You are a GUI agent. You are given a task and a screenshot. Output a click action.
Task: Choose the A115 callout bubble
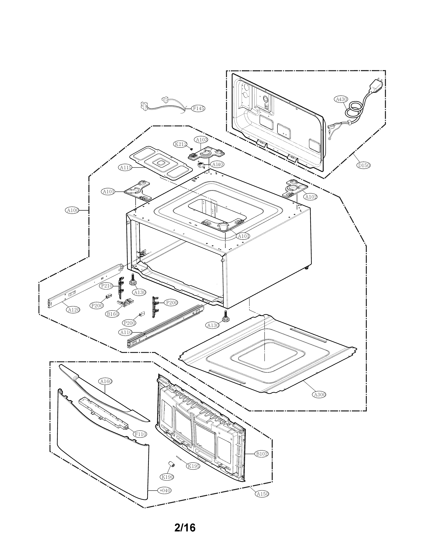pyautogui.click(x=126, y=168)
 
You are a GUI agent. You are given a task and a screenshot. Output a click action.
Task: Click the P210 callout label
pyautogui.click(x=106, y=286)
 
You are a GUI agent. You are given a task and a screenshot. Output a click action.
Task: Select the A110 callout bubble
pyautogui.click(x=126, y=332)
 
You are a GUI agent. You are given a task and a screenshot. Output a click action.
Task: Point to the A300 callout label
pyautogui.click(x=319, y=395)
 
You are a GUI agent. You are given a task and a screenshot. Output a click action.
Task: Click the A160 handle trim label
pyautogui.click(x=106, y=381)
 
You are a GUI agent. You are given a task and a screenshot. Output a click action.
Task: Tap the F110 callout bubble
pyautogui.click(x=140, y=434)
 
